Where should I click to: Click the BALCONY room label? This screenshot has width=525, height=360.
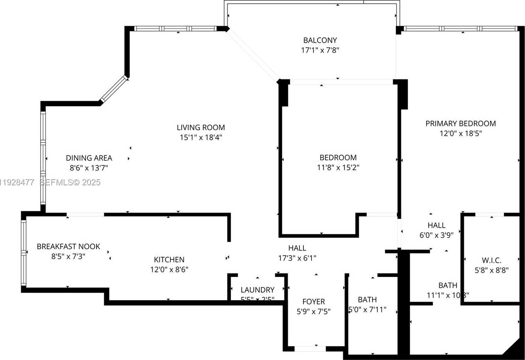click(x=320, y=40)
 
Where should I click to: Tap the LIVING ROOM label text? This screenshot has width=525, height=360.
click(x=201, y=127)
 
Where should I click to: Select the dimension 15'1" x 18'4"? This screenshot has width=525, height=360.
click(x=201, y=137)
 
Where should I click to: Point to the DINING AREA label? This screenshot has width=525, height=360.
click(x=89, y=158)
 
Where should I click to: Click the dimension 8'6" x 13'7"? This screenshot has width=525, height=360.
click(x=89, y=168)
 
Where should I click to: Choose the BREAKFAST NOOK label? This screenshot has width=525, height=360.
click(x=68, y=246)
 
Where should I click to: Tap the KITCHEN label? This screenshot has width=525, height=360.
click(x=169, y=260)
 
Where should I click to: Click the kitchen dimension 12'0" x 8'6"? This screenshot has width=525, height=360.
click(x=169, y=269)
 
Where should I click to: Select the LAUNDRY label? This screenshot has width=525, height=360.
click(x=257, y=290)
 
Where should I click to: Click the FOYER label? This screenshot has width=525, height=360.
click(x=313, y=302)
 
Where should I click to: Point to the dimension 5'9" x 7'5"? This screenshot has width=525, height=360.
click(x=313, y=312)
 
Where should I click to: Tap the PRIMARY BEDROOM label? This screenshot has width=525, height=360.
click(x=460, y=123)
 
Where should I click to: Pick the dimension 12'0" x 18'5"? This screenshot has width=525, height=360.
click(x=460, y=133)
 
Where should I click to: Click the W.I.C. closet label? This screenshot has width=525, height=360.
click(x=491, y=261)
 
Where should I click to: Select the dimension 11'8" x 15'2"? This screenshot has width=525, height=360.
click(x=338, y=167)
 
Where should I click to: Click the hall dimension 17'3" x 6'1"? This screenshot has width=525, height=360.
click(x=297, y=258)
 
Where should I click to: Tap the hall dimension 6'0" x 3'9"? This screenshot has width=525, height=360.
click(x=436, y=235)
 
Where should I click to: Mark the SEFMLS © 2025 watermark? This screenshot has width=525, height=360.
click(x=70, y=182)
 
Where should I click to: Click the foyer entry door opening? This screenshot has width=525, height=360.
click(x=310, y=349)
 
